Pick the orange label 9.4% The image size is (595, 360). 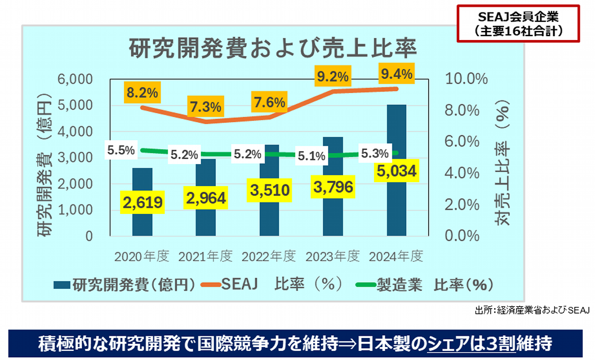[x=396, y=73]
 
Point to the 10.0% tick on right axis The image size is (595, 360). [x=466, y=79]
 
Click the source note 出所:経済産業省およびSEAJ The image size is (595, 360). [x=532, y=310]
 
